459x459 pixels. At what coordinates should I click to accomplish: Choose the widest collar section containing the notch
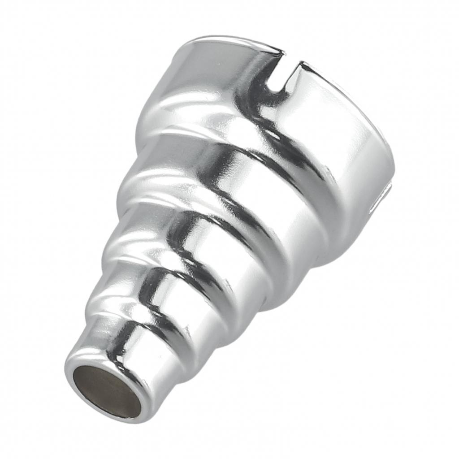[x=314, y=134]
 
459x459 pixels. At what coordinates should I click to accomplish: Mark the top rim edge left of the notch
[x=233, y=43]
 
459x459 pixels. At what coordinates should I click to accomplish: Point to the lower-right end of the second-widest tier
[x=291, y=291]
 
